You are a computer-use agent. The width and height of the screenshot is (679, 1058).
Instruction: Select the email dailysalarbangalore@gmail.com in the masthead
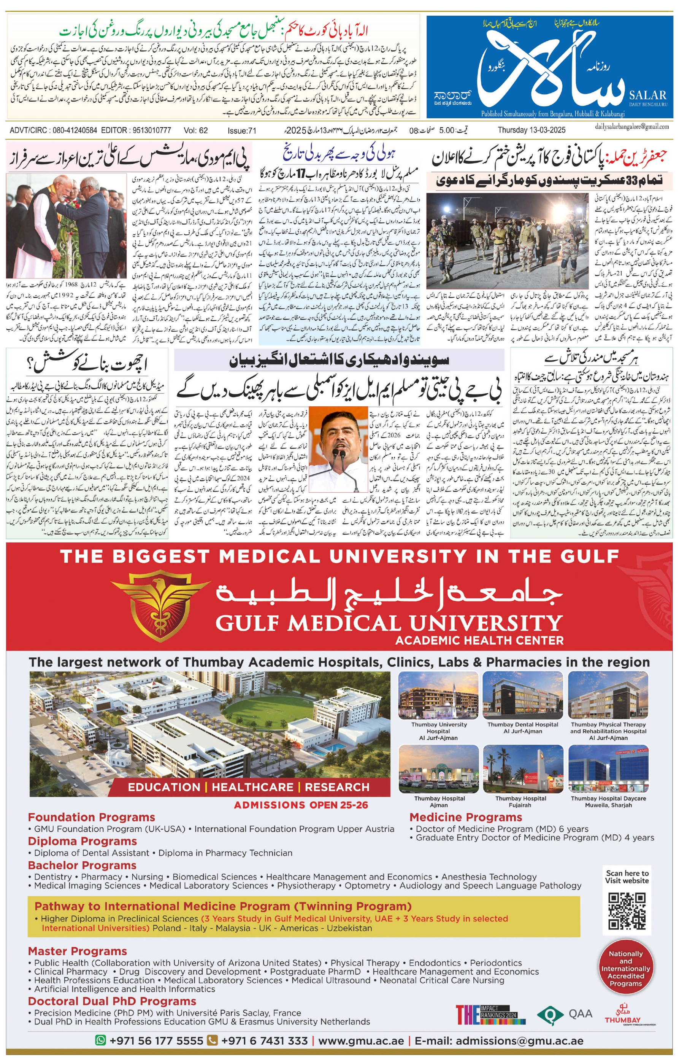[631, 126]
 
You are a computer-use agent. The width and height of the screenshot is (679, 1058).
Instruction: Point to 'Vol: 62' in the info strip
[196, 130]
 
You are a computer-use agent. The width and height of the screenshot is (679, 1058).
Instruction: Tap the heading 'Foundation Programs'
[91, 817]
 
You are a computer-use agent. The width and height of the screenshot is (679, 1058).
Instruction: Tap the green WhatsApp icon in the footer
[100, 1040]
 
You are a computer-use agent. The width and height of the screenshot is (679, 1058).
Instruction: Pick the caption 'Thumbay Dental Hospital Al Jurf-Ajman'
[522, 727]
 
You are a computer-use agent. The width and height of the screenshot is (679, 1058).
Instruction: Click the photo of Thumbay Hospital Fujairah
[523, 768]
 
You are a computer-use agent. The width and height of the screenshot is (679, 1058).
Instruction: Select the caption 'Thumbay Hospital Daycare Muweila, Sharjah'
[608, 801]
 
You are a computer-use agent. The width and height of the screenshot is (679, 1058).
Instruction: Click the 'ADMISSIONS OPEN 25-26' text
[301, 805]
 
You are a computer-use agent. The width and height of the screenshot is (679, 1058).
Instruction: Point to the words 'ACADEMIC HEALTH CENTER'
[479, 640]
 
